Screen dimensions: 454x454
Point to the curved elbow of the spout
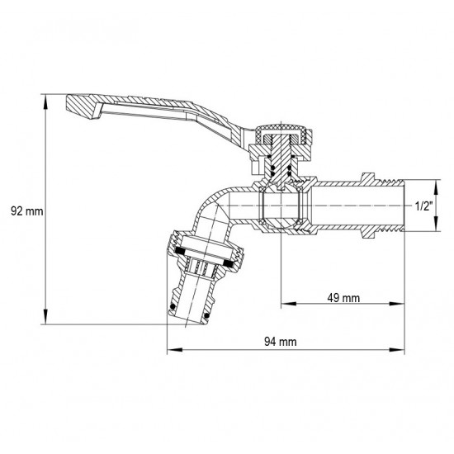pyautogui.click(x=216, y=206)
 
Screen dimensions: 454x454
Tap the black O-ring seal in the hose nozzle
pyautogui.click(x=173, y=309)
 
